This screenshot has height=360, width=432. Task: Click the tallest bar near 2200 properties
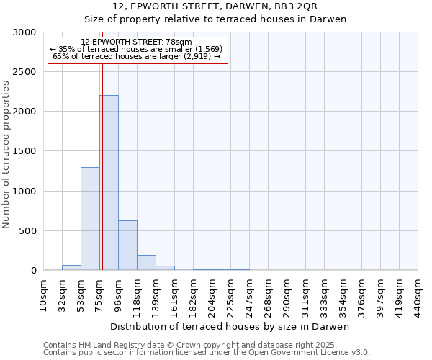109,183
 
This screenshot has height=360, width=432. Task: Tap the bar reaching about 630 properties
127,246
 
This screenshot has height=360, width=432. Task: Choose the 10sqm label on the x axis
43,294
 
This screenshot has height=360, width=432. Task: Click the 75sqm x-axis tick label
99,294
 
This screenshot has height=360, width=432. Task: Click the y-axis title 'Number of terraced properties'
6,155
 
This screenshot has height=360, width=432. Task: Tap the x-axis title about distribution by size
230,326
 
